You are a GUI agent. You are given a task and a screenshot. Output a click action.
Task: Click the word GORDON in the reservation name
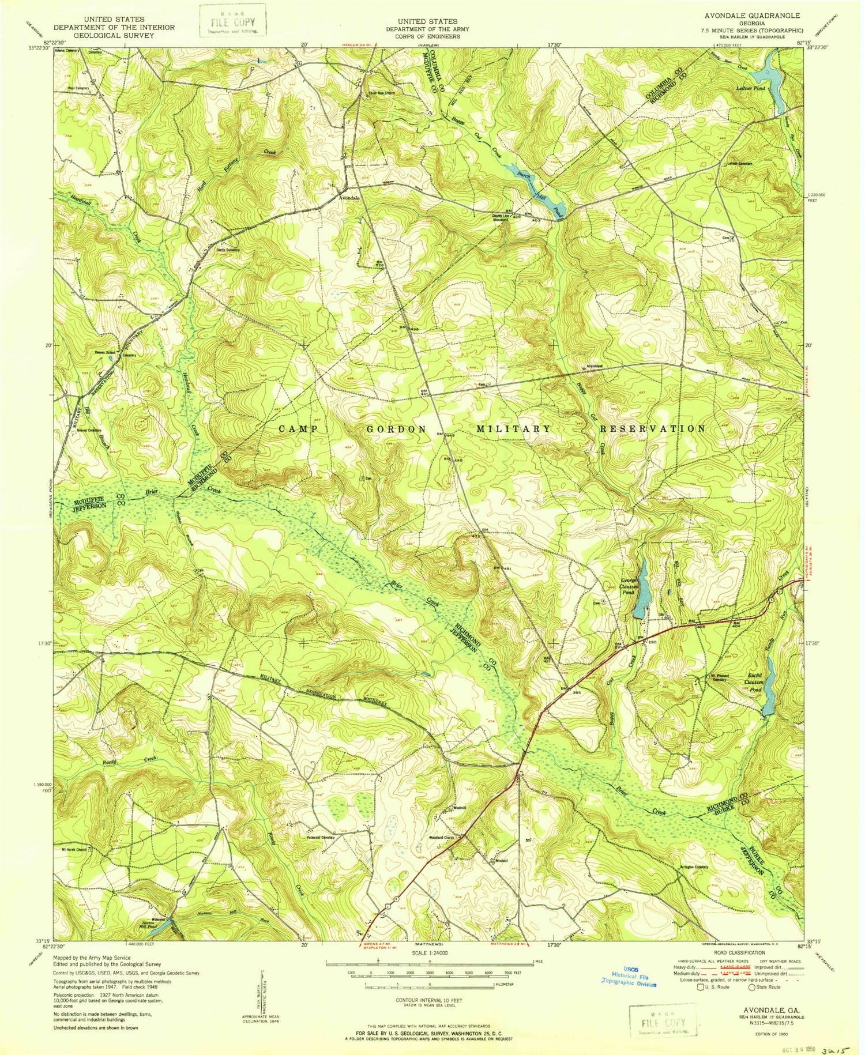[x=397, y=429]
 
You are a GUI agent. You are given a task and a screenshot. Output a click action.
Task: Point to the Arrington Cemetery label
[x=693, y=867]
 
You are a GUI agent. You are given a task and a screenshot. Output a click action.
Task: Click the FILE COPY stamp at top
[x=232, y=24]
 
